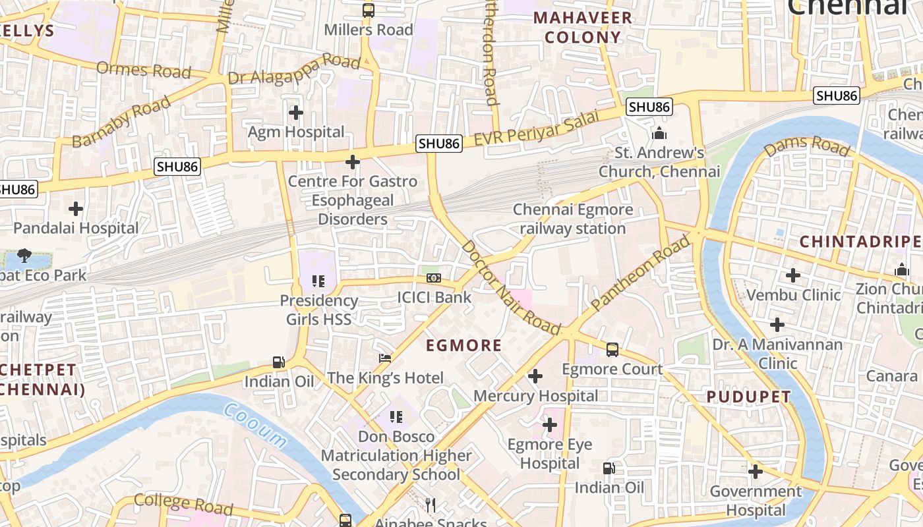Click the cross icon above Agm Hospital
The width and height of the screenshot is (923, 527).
296,113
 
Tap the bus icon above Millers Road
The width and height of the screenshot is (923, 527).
368,11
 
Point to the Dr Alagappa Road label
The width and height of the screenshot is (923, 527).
293,70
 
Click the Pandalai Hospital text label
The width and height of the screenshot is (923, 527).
76,229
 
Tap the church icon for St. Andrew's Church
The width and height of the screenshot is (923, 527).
659,134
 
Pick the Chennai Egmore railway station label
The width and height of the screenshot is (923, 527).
572,219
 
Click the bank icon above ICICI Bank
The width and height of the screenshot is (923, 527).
433,278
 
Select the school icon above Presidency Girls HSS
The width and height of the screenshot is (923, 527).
318,281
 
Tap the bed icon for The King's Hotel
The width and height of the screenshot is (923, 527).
385,359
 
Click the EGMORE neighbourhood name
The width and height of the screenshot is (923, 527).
463,345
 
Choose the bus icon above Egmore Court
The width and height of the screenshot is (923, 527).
612,350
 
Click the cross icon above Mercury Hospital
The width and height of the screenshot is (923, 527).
535,376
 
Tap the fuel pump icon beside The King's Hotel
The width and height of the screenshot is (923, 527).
279,362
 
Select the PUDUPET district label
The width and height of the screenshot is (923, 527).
748,397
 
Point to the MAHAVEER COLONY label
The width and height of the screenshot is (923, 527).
583,28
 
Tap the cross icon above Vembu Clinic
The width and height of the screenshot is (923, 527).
793,275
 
